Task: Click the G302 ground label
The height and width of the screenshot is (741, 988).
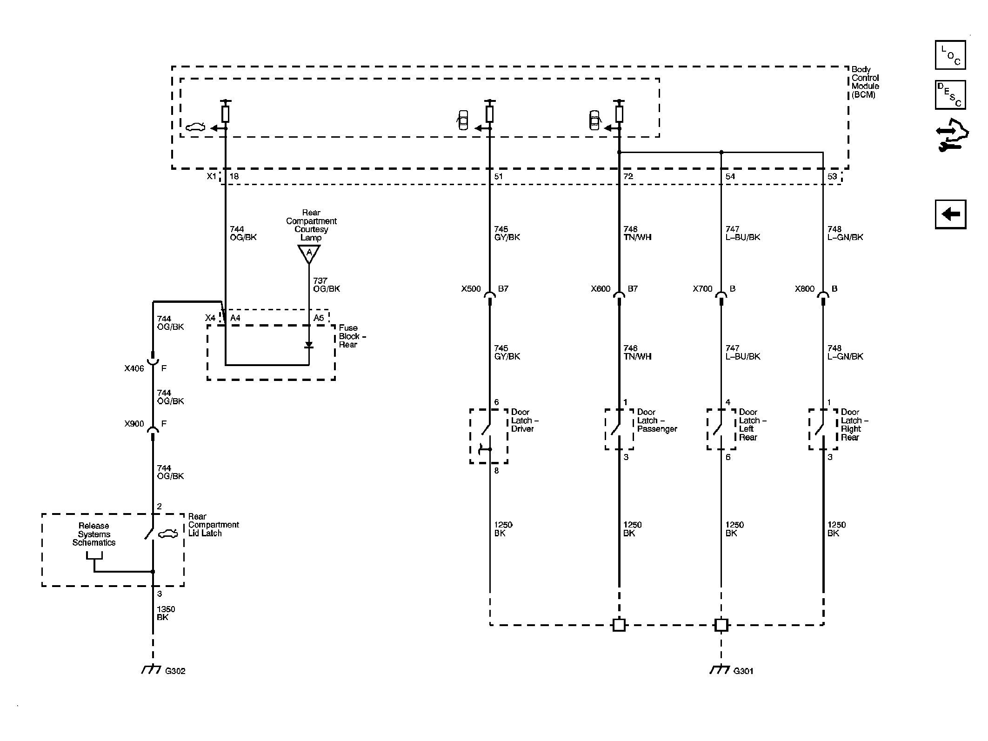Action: pyautogui.click(x=175, y=671)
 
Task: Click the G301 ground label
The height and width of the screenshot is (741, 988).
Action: pyautogui.click(x=743, y=671)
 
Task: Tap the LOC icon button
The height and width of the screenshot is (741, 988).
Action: pyautogui.click(x=950, y=55)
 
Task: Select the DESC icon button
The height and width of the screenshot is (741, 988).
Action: pyautogui.click(x=950, y=95)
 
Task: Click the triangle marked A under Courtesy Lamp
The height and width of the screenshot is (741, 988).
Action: pyautogui.click(x=309, y=254)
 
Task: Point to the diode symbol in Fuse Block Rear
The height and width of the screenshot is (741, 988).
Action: pyautogui.click(x=309, y=345)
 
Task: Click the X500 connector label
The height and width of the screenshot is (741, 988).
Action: pyautogui.click(x=471, y=289)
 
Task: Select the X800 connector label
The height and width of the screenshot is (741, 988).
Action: pyautogui.click(x=805, y=289)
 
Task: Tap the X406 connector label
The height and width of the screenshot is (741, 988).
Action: pyautogui.click(x=134, y=368)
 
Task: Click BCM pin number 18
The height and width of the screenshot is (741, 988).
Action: pyautogui.click(x=234, y=176)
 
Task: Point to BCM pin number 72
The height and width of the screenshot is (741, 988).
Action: pyautogui.click(x=628, y=176)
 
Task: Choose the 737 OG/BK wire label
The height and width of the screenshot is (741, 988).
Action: pyautogui.click(x=327, y=285)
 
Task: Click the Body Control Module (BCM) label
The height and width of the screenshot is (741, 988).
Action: pyautogui.click(x=865, y=82)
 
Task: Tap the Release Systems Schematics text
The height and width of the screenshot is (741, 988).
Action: pyautogui.click(x=94, y=534)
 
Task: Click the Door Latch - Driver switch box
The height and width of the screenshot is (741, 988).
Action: pyautogui.click(x=488, y=436)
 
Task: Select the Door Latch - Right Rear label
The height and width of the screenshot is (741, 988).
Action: pyautogui.click(x=854, y=425)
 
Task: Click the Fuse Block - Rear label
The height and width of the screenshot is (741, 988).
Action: pyautogui.click(x=353, y=336)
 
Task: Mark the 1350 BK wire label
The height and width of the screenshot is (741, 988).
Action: pyautogui.click(x=166, y=613)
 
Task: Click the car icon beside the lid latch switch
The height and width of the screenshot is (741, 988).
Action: pyautogui.click(x=168, y=534)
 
